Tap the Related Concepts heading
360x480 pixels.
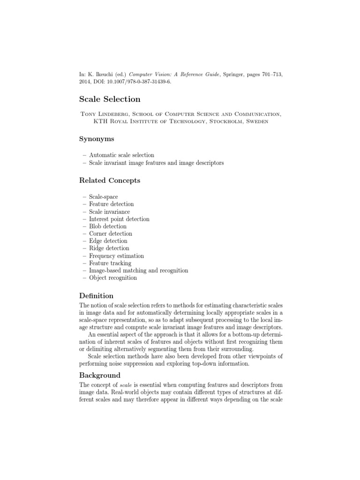click(110, 180)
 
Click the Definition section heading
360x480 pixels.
click(97, 296)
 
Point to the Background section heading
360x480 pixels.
click(100, 375)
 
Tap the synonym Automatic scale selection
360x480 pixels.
click(121, 155)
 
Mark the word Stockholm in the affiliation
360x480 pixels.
click(223, 121)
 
